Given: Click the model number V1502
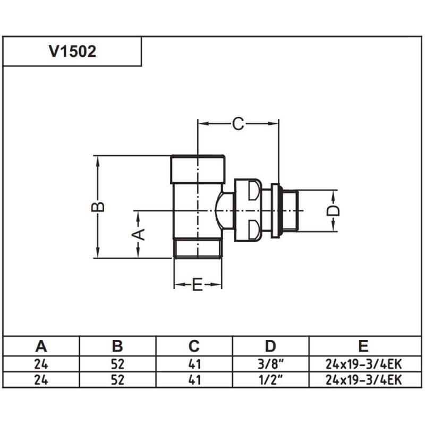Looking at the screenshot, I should [x=72, y=52].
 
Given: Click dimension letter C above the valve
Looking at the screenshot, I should [x=238, y=124].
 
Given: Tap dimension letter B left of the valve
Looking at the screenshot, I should [x=98, y=207].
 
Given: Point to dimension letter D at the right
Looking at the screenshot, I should [x=333, y=210].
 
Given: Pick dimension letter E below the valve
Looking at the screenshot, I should [x=198, y=285].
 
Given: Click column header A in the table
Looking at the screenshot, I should [x=41, y=346].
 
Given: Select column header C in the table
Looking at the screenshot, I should [x=194, y=346].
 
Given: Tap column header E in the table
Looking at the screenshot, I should [x=363, y=346].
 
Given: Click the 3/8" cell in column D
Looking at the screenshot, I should [x=270, y=364].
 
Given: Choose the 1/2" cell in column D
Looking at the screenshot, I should [x=270, y=380].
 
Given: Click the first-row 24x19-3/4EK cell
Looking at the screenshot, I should [x=363, y=364].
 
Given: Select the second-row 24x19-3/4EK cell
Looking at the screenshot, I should [x=363, y=380].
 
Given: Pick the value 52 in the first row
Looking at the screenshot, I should [x=117, y=364].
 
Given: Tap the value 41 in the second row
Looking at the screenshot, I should [x=194, y=380].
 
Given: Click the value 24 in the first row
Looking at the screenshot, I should [x=41, y=364].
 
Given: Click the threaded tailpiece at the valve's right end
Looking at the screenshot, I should [x=290, y=210].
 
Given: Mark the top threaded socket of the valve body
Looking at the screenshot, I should [x=199, y=168].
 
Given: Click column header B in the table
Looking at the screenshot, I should [x=117, y=346].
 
